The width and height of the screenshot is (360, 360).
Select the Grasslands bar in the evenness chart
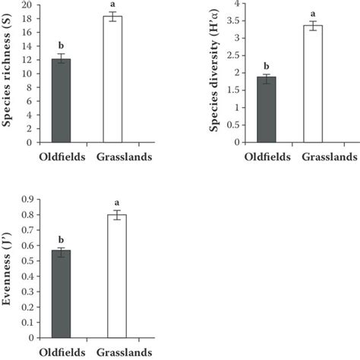[x=113, y=276]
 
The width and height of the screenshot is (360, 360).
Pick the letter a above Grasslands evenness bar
[x=113, y=203]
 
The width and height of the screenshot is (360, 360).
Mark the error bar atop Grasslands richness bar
[x=113, y=17]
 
